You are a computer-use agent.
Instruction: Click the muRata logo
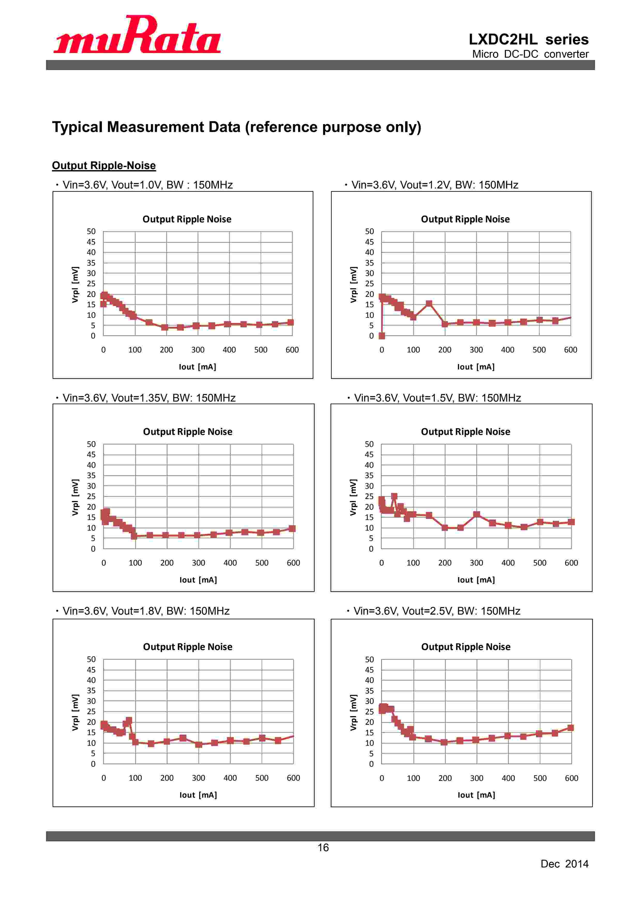(137, 35)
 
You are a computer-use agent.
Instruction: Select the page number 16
(323, 847)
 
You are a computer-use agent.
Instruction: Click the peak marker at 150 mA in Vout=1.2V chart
(429, 304)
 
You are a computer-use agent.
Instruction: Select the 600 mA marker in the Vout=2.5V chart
(570, 728)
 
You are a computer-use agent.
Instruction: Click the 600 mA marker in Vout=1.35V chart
(292, 528)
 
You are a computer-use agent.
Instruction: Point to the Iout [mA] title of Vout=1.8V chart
(198, 795)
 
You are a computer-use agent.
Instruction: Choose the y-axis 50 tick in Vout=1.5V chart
(369, 444)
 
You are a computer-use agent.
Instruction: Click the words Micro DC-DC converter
(530, 54)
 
